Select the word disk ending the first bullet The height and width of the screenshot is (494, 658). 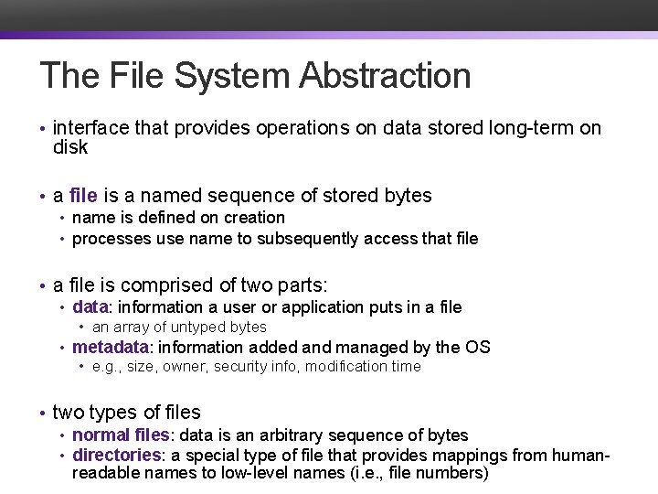(70, 147)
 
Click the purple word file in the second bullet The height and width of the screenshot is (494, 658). (82, 196)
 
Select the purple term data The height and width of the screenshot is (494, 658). (90, 307)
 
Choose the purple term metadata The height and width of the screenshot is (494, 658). (110, 348)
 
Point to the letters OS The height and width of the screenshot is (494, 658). (478, 348)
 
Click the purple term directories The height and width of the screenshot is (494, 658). (116, 456)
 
